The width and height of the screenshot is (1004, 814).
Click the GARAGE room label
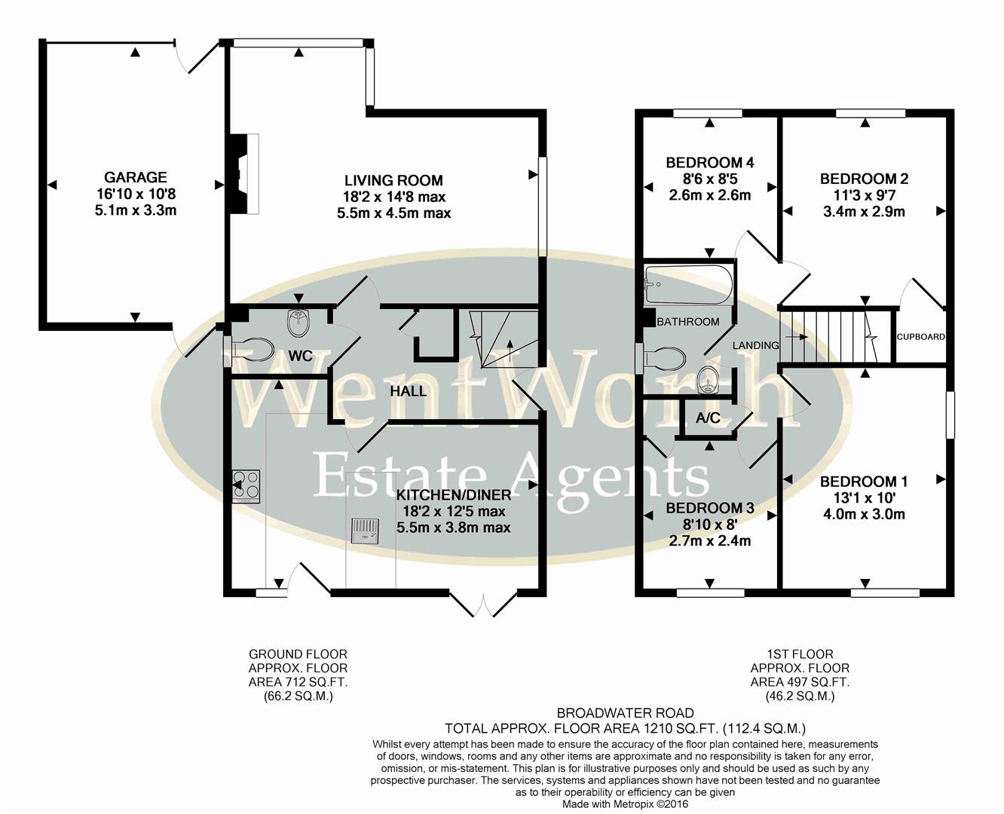136,178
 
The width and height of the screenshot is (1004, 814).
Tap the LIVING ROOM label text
393,181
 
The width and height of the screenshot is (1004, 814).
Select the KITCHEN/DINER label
454,495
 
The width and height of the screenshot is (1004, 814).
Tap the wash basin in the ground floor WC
299,324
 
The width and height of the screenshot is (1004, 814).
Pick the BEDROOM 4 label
709,163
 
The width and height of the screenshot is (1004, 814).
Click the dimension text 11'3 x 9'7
863,195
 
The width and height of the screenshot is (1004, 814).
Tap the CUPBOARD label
920,337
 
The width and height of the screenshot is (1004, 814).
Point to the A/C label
708,418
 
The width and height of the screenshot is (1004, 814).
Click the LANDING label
755,345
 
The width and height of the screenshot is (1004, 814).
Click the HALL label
408,391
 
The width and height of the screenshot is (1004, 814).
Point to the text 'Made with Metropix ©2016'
625,804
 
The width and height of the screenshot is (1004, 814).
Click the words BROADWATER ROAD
625,713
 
